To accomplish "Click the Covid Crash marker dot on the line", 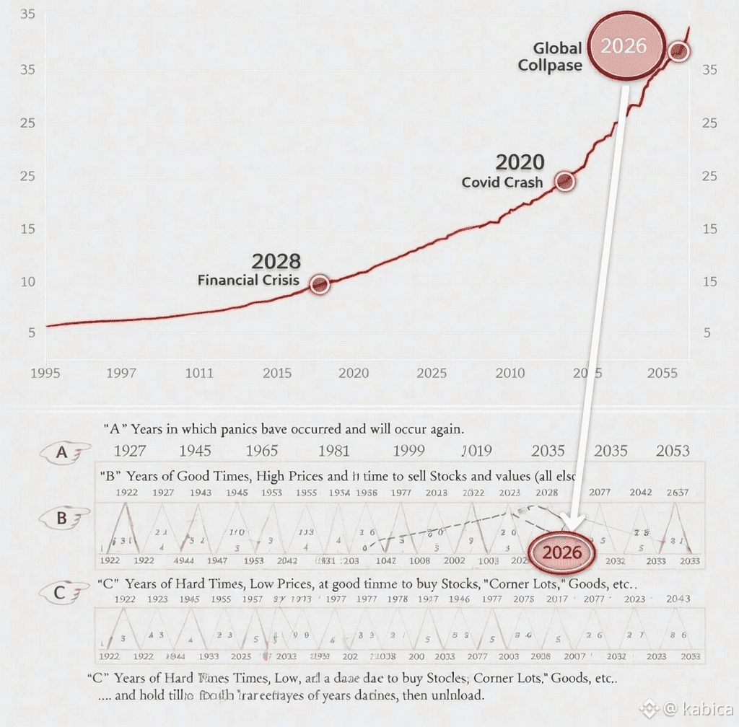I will tap(565, 181).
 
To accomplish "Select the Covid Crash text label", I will tap(502, 182).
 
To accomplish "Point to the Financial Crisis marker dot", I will tap(320, 284).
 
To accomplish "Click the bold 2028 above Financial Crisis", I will tap(276, 261).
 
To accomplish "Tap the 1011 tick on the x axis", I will tap(198, 373).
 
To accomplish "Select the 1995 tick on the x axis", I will tap(45, 373).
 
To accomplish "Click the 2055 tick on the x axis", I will tap(662, 373).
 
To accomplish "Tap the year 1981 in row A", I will tap(333, 451).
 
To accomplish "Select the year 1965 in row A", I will tap(261, 451).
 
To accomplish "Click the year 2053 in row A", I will tap(672, 451).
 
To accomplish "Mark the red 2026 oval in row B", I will tap(562, 552).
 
